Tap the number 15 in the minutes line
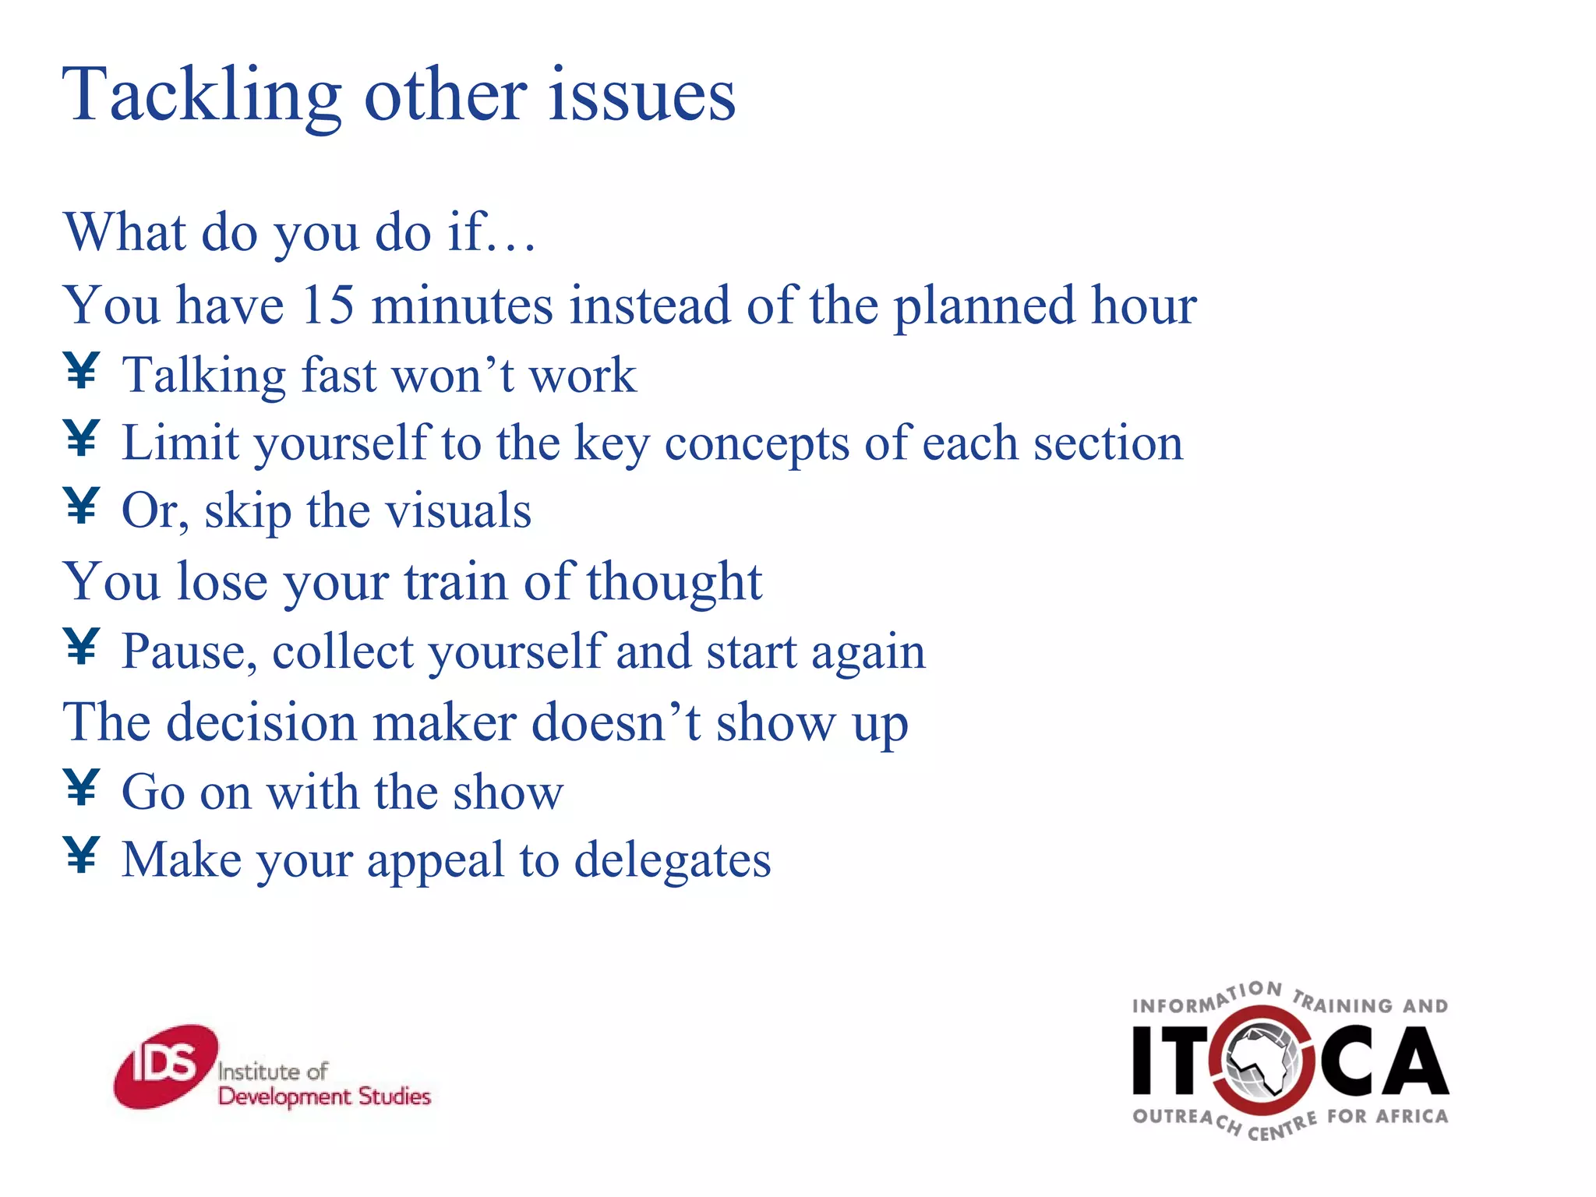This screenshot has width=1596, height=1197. [x=327, y=305]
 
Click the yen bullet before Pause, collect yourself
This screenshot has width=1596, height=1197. [x=81, y=646]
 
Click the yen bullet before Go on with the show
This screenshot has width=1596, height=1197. [x=81, y=787]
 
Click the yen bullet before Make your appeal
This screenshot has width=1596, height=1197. [x=81, y=855]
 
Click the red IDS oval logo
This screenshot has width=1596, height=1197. [x=165, y=1065]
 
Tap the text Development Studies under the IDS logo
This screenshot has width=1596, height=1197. [x=324, y=1096]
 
